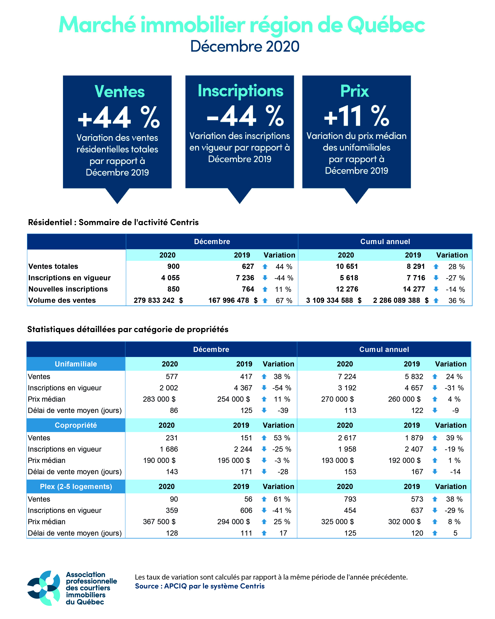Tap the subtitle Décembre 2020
coord(245,46)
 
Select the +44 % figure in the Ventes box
coord(118,117)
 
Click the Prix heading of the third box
coord(355,91)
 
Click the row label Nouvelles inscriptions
coord(68,289)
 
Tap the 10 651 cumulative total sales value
coord(347,266)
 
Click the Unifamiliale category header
coord(76,364)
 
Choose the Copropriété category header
coord(76,425)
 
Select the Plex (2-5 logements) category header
coord(76,487)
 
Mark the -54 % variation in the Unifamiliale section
coord(281,388)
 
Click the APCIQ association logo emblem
coord(44,588)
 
